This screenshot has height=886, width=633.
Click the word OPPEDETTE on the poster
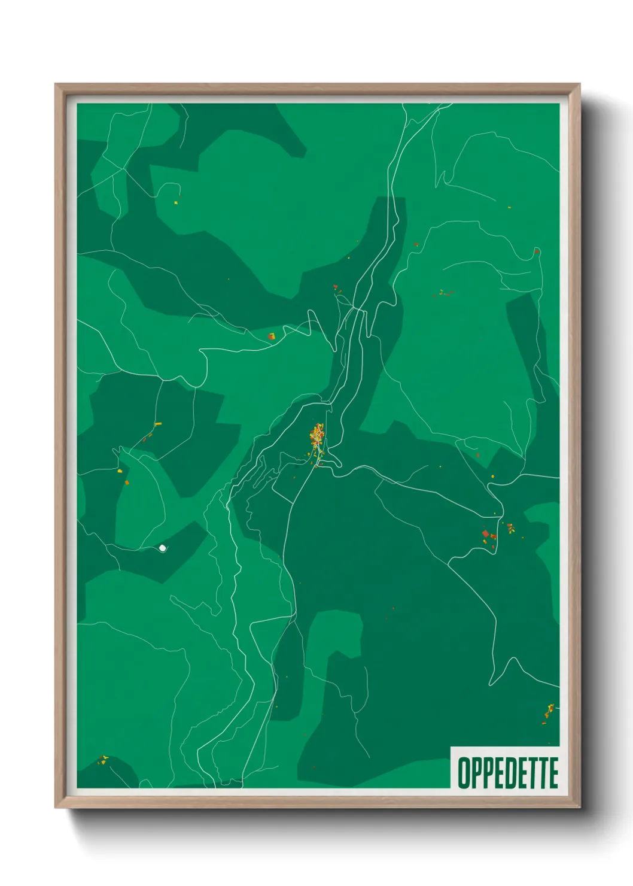pos(508,773)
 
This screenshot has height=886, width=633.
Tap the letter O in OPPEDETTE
pos(464,773)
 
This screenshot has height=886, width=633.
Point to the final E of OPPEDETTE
pos(552,773)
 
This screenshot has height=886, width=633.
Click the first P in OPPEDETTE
pos(476,773)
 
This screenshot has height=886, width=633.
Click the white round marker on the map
pos(162,548)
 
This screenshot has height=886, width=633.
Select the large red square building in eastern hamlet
pos(486,533)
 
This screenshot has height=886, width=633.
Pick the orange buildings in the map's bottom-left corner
pos(104,760)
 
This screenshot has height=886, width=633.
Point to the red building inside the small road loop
pos(537,251)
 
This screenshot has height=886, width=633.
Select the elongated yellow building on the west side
pos(158,424)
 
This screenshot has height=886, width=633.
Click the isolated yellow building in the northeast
pos(509,208)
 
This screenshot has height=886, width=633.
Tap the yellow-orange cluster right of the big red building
pos(510,528)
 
